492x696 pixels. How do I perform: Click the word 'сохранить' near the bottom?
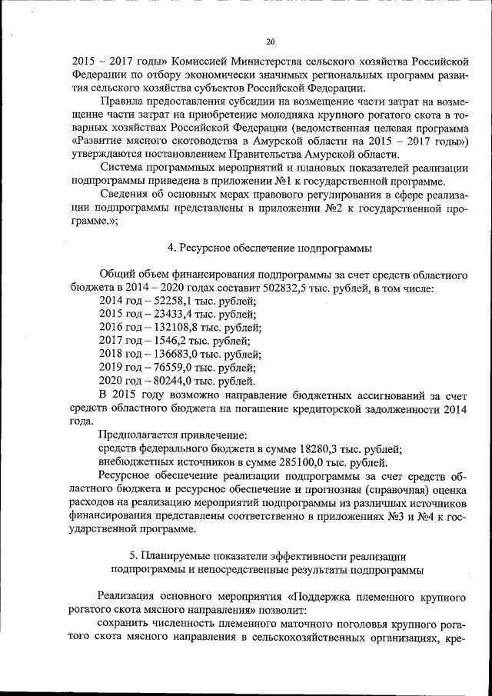(124, 626)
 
